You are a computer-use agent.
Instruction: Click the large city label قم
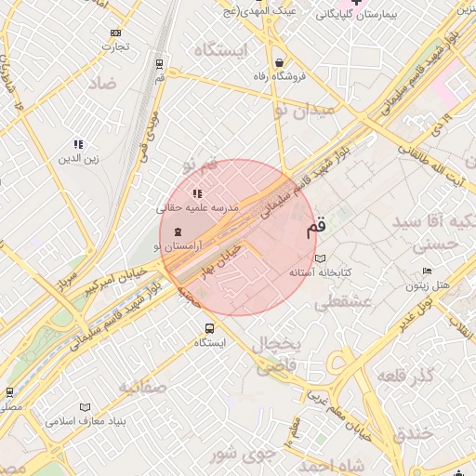(x=316, y=226)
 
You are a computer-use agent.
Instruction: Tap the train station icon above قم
(x=160, y=64)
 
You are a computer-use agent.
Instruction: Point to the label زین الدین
(x=79, y=158)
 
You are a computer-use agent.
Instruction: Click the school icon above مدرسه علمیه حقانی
(x=196, y=193)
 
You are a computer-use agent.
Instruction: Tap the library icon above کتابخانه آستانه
(x=321, y=258)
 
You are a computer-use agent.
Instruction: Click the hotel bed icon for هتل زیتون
(x=427, y=271)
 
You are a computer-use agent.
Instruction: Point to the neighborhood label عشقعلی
(x=343, y=302)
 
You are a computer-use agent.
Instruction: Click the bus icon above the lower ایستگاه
(x=209, y=328)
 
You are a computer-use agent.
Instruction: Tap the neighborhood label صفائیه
(x=142, y=386)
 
